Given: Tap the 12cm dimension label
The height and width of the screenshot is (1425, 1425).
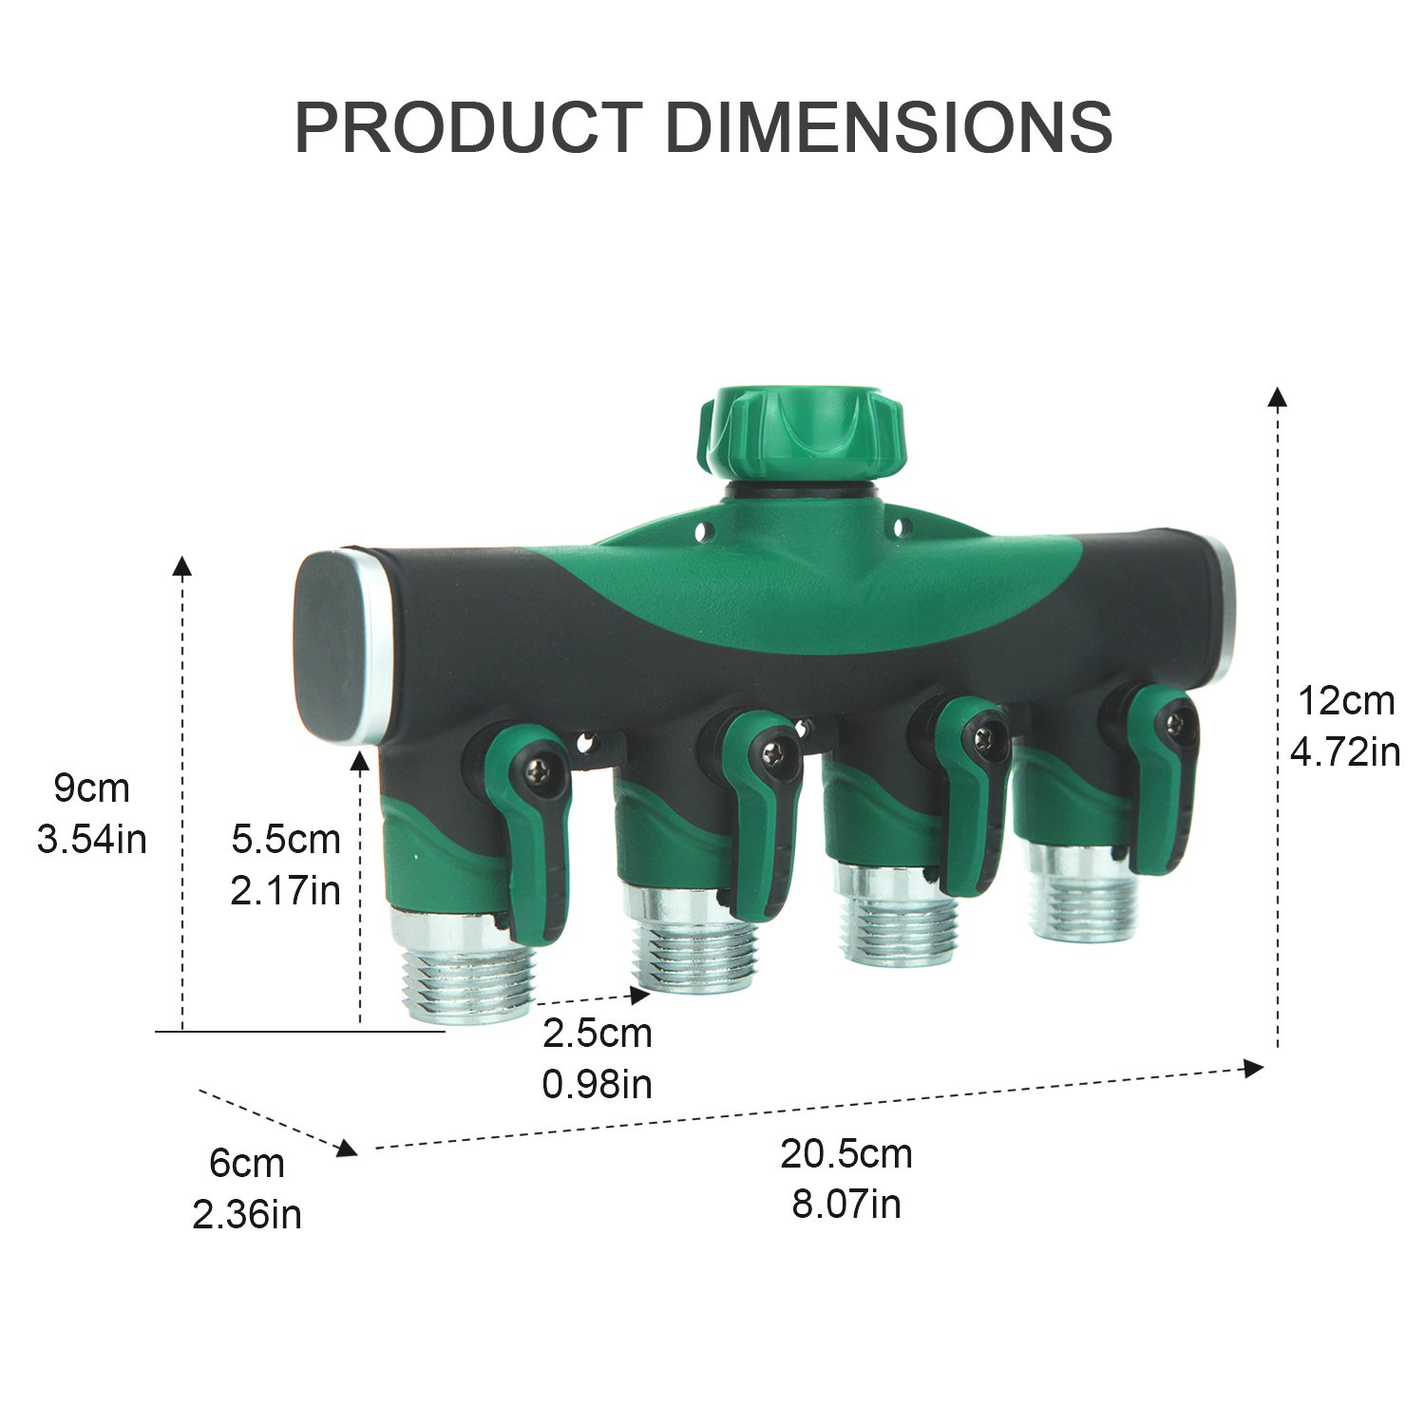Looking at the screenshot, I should tap(1346, 701).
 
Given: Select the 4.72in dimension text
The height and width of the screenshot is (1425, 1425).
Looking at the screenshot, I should tap(1344, 752).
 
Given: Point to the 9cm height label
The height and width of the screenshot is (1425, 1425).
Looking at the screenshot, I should tap(91, 788).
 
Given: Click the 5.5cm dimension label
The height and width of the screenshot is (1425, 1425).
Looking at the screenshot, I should tap(286, 839).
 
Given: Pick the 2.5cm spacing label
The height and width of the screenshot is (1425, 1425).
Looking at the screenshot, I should tap(598, 1034).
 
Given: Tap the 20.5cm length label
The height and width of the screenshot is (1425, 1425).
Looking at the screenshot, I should tap(846, 1153).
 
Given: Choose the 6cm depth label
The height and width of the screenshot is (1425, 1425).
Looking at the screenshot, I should tap(247, 1163).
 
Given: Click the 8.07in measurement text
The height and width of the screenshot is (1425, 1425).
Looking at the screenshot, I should tap(846, 1205).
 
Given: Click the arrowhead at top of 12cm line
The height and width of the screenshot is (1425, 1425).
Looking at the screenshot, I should tap(1278, 397).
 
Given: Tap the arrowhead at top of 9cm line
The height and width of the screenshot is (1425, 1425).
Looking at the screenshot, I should tap(181, 566).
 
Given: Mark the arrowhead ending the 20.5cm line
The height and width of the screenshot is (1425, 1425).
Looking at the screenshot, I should tap(1254, 1069).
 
